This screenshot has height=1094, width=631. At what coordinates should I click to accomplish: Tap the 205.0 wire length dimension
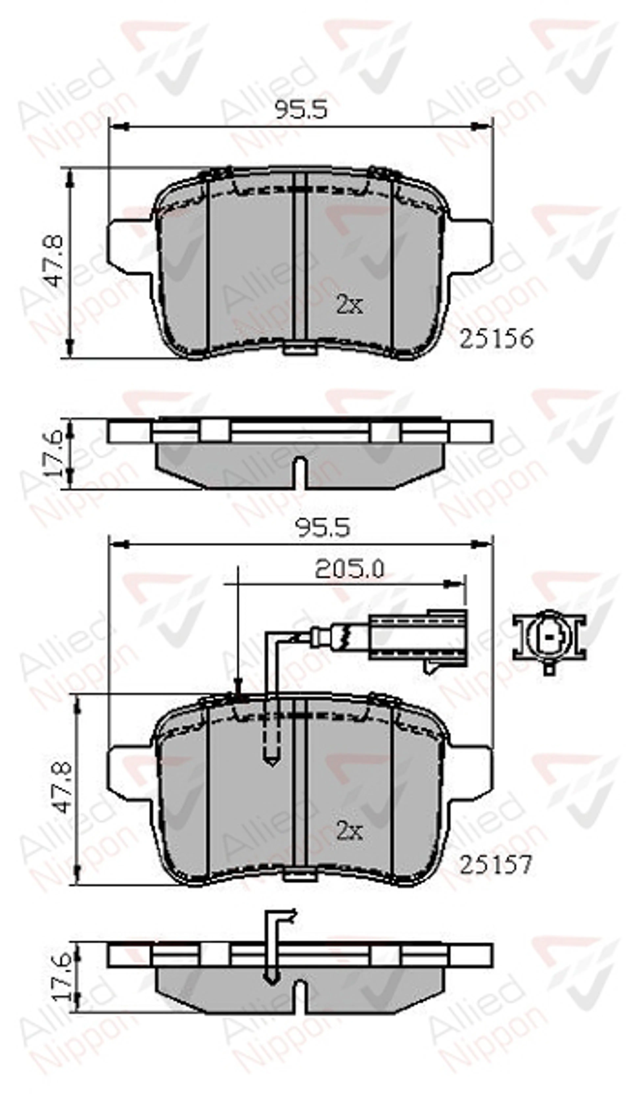tap(349, 569)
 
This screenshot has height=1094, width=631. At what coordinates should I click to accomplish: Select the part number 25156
tap(496, 339)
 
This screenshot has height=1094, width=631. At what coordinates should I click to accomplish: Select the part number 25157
tap(495, 853)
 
